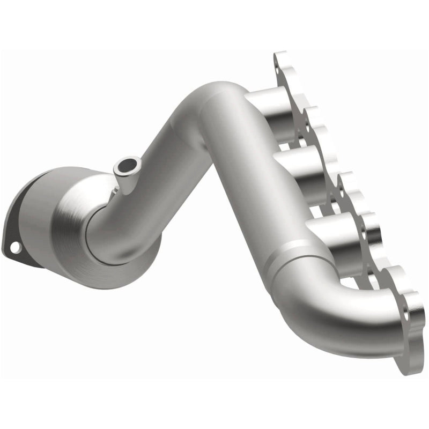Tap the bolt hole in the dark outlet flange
[x=16, y=247]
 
